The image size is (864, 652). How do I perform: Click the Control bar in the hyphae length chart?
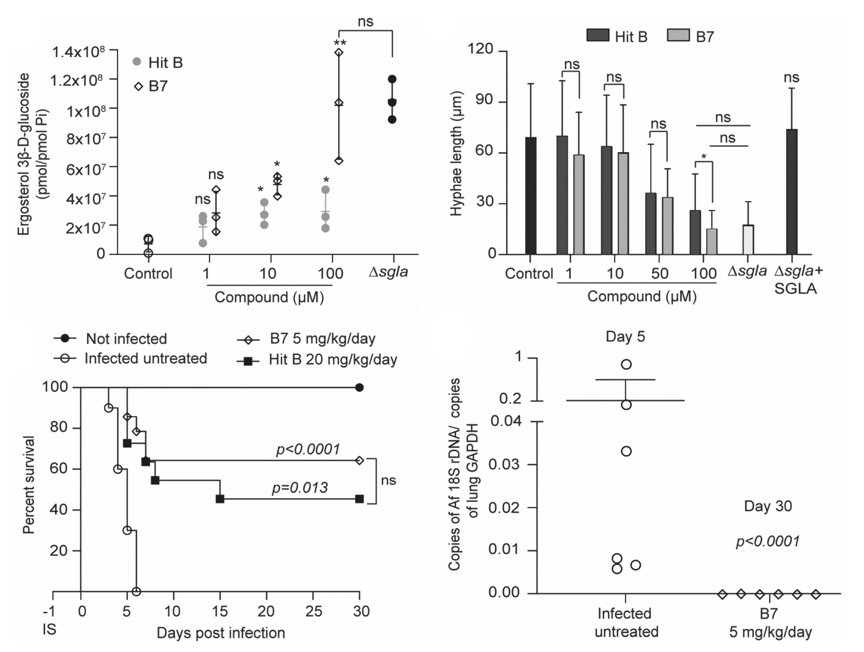(x=530, y=196)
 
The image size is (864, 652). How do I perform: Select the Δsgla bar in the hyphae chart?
(x=748, y=240)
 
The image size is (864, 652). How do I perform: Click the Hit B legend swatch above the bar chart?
(x=598, y=35)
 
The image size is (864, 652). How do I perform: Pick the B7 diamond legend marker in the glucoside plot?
(x=139, y=86)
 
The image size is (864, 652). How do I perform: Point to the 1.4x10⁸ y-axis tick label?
(x=79, y=52)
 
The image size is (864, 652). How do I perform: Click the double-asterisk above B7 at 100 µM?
(x=340, y=43)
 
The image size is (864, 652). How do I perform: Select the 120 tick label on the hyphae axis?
(x=480, y=49)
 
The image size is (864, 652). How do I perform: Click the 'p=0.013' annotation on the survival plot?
(x=300, y=488)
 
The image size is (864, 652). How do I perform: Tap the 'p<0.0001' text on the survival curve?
(x=308, y=449)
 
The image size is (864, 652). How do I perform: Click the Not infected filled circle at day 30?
(x=359, y=388)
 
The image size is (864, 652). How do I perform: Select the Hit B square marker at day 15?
(x=220, y=499)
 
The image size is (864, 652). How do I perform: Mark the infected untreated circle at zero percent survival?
(x=136, y=591)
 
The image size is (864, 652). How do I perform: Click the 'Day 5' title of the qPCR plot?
(x=625, y=336)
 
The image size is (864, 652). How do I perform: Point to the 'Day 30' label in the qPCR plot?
(x=768, y=506)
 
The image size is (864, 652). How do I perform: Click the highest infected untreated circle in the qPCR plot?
(x=626, y=364)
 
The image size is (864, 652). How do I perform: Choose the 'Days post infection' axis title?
(x=221, y=633)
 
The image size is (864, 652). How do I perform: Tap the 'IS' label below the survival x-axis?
(x=49, y=629)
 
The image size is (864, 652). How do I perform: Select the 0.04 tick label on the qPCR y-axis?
(x=506, y=421)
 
